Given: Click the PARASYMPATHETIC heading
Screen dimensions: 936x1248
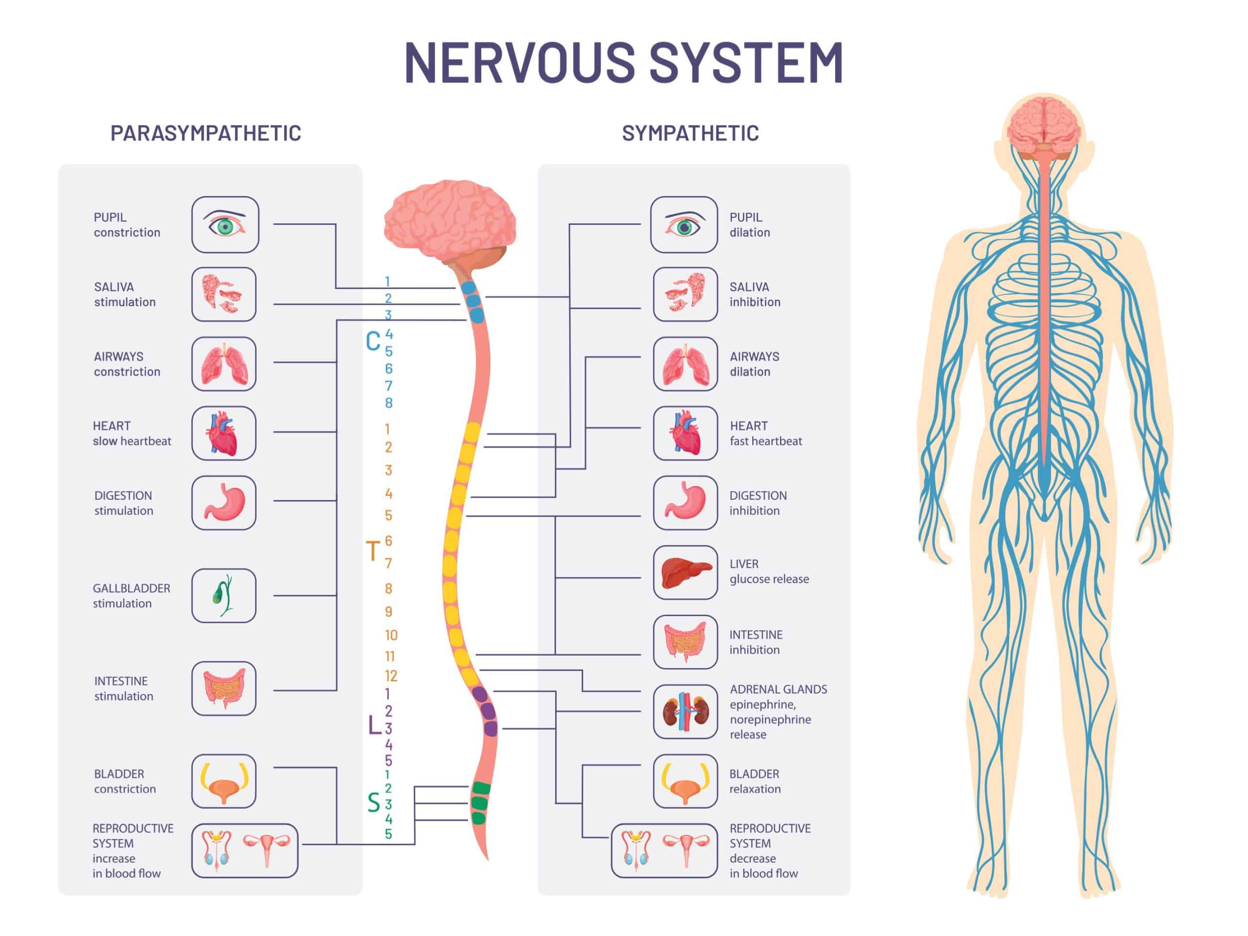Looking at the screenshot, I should point(205,133).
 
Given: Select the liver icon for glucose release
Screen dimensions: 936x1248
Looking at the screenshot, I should point(685,572).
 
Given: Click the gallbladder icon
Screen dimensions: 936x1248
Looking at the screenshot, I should point(223,595).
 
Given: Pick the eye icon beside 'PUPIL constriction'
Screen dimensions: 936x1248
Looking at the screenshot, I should point(225,225).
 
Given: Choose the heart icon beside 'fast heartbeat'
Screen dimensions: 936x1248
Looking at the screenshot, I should point(685,433).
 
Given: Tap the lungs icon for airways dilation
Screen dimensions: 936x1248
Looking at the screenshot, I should point(685,364).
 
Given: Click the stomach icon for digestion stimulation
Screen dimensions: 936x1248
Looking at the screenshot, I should point(223,503).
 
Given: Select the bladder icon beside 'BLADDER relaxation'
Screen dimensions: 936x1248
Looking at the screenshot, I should point(685,781).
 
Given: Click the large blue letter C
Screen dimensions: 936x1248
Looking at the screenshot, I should point(373,341).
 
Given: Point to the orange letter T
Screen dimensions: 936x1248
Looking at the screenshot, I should point(373,551).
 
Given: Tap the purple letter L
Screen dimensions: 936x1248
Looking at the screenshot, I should point(374,725).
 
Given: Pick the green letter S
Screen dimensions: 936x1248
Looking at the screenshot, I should point(373,802).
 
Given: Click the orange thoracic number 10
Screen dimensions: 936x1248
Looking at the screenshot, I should point(391,635).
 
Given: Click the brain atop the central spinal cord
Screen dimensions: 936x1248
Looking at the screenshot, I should point(449,217).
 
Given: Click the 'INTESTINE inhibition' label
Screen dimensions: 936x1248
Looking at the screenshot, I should point(756,642).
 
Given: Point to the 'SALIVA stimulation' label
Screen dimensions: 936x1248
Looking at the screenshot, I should point(125,294).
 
